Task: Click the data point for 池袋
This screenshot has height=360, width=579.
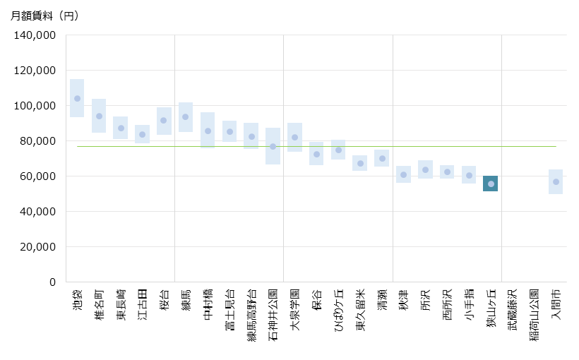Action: point(77,98)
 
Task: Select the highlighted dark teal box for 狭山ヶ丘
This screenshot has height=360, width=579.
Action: point(491,184)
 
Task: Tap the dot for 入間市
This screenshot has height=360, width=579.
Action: point(556,181)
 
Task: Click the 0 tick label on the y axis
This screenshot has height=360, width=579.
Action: point(52,282)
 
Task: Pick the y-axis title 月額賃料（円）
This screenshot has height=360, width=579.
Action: point(45,16)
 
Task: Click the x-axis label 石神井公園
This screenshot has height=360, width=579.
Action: point(273,313)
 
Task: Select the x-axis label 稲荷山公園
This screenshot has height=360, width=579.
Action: point(534,313)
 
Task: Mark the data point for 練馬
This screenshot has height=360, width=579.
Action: point(185,116)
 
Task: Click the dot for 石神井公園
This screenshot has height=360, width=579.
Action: point(273,146)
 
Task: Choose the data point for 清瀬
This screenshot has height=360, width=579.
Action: point(382,158)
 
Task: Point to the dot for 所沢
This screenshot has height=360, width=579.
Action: point(425,169)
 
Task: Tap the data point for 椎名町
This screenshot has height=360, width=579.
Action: point(99,116)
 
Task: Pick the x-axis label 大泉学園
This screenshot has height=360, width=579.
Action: point(294,309)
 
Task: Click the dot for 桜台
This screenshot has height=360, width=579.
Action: point(163,120)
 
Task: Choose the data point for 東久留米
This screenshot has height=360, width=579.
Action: point(360,163)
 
